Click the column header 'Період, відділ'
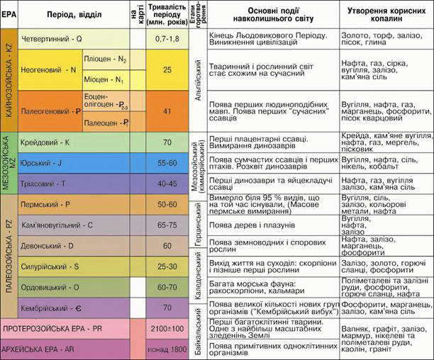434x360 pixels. click(68, 14)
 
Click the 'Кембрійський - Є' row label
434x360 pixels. click(52, 308)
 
